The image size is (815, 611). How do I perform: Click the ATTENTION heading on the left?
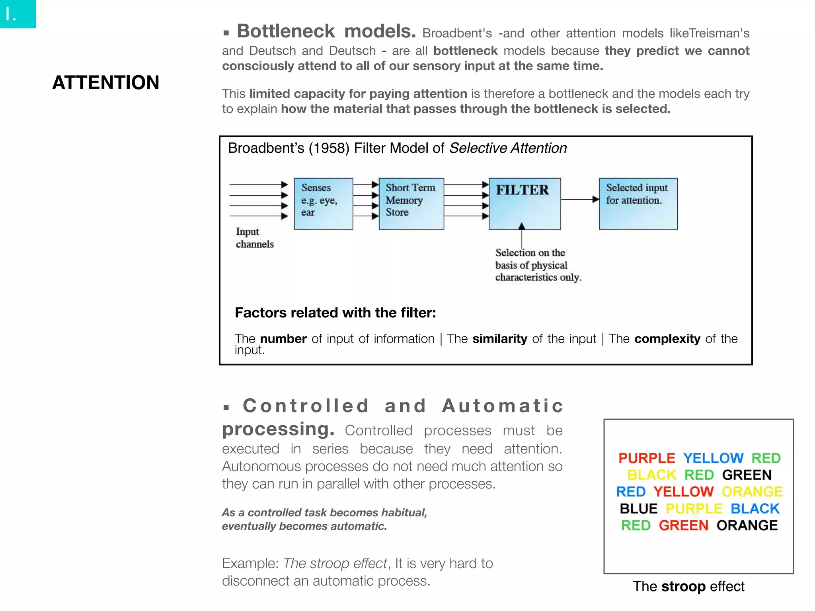point(105,82)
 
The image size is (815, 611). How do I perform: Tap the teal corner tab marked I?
point(18,14)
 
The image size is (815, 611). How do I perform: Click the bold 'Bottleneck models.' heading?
point(326,31)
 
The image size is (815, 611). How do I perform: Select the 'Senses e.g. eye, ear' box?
point(323,204)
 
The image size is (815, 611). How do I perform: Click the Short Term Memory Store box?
point(411,204)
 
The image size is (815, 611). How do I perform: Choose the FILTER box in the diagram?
point(524,204)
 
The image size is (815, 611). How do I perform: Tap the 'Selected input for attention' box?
point(638,204)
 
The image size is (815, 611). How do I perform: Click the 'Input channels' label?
point(254,238)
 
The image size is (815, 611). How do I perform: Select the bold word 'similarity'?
point(499,339)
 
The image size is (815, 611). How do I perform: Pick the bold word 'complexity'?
point(667,339)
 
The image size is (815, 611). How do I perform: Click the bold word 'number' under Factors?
point(283,339)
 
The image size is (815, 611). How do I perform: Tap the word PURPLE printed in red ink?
point(647,458)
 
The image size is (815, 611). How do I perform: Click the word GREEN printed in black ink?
point(747,475)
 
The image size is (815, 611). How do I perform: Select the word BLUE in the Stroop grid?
point(638,509)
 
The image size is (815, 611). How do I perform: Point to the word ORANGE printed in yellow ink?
point(752,492)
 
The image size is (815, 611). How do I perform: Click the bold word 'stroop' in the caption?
point(683,586)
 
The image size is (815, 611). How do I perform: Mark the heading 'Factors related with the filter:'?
point(335,313)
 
